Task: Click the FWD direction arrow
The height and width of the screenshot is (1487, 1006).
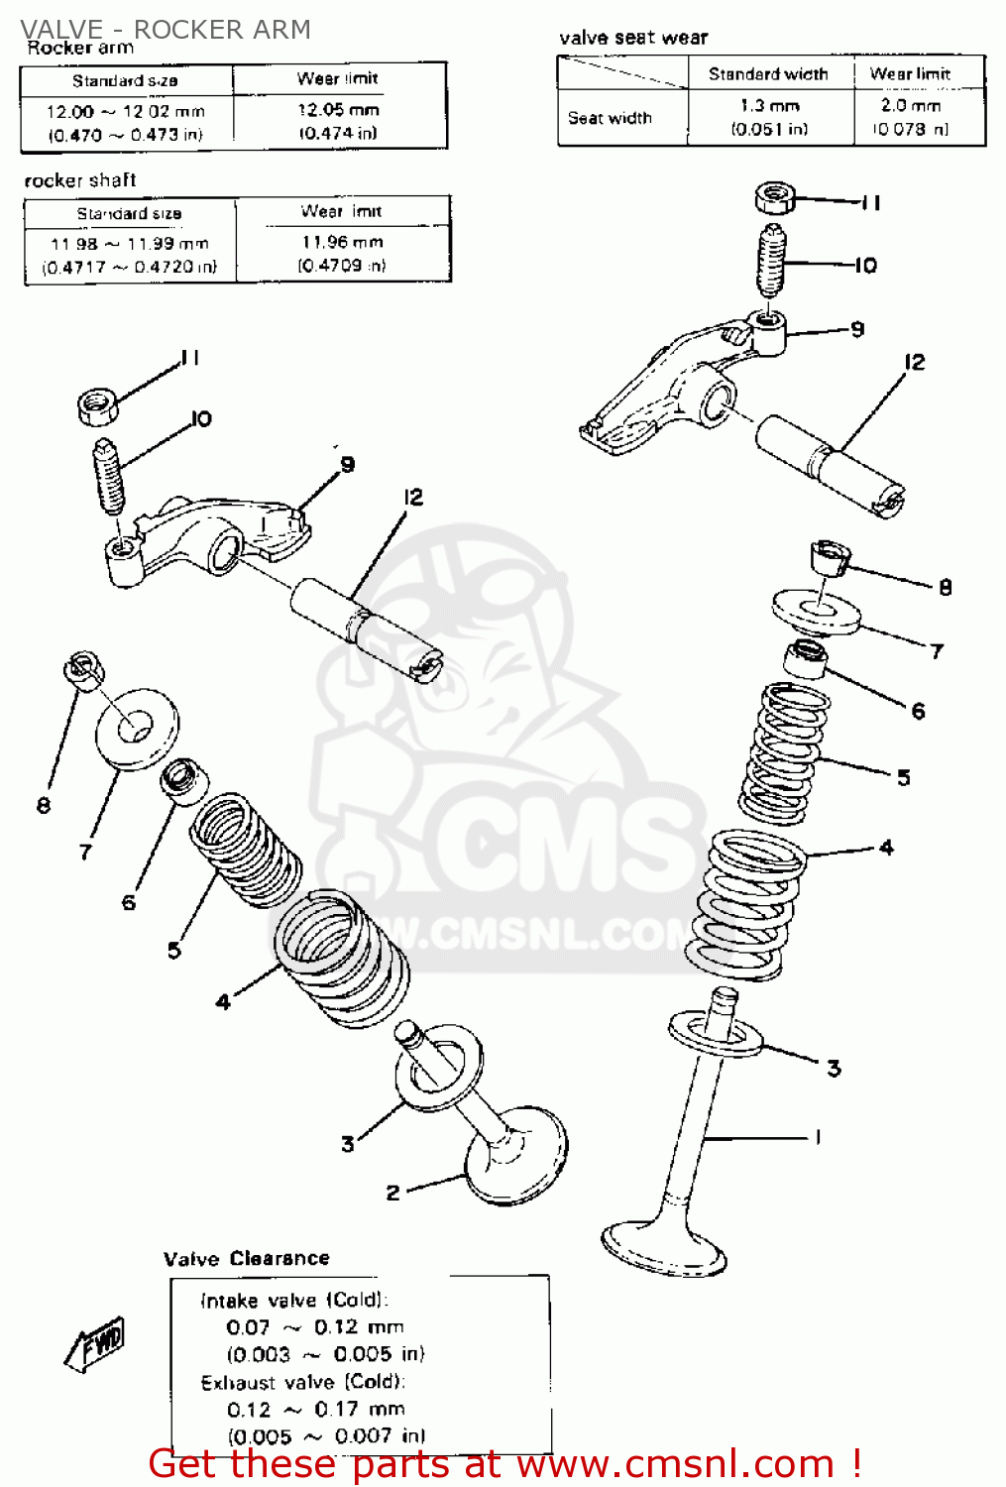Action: click(x=96, y=1345)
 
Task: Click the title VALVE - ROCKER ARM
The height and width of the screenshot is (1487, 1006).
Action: click(x=166, y=29)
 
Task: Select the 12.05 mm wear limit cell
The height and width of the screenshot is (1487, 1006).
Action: click(x=338, y=110)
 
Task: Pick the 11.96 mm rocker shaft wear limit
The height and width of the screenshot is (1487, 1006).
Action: click(x=342, y=242)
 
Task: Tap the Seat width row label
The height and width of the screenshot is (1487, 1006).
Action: click(x=610, y=118)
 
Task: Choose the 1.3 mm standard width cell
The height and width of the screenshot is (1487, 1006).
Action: click(x=769, y=105)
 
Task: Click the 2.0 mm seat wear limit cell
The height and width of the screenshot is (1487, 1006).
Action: click(x=910, y=105)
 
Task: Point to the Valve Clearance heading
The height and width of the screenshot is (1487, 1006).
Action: click(x=246, y=1258)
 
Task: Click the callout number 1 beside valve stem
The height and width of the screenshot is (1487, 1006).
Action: click(x=818, y=1137)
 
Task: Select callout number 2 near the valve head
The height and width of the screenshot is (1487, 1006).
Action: click(x=392, y=1193)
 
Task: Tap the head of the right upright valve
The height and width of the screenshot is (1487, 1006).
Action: click(x=665, y=1248)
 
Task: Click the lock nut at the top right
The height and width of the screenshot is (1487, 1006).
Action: click(x=775, y=196)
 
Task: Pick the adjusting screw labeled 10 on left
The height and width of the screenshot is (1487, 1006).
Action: click(x=109, y=477)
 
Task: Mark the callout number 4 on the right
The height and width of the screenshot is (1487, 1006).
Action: click(x=886, y=848)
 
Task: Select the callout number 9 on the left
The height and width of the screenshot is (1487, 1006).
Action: click(x=347, y=464)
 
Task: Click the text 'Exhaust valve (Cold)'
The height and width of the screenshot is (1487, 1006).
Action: click(x=302, y=1382)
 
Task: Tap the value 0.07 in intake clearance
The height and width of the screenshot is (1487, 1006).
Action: click(x=248, y=1327)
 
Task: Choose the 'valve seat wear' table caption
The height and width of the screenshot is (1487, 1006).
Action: click(x=633, y=38)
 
